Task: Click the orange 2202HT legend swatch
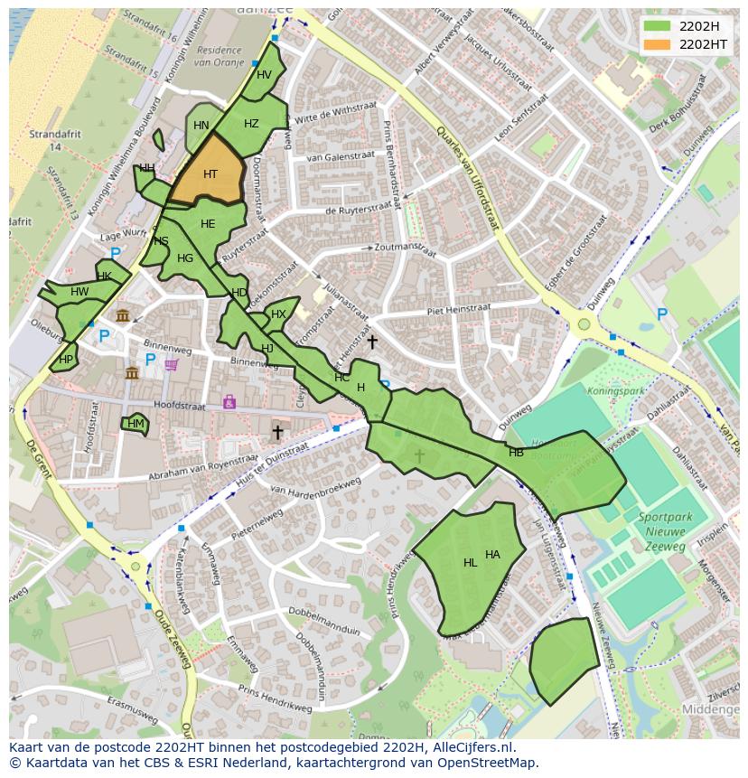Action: pos(658,43)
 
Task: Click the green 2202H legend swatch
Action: pos(658,25)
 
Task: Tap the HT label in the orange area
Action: pos(210,174)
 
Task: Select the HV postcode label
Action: pos(264,75)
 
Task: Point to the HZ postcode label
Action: pos(251,124)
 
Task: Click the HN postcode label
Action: pos(201,126)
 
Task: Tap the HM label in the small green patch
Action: pos(136,423)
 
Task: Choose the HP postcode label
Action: pos(65,359)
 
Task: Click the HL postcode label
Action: pos(470,563)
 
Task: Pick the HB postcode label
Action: pos(516,453)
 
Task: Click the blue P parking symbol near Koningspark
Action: pos(661,314)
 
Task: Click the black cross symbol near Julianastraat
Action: pos(372,342)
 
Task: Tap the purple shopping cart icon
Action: pos(172,365)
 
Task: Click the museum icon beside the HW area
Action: pos(123,315)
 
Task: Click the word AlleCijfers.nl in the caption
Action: pos(470,747)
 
